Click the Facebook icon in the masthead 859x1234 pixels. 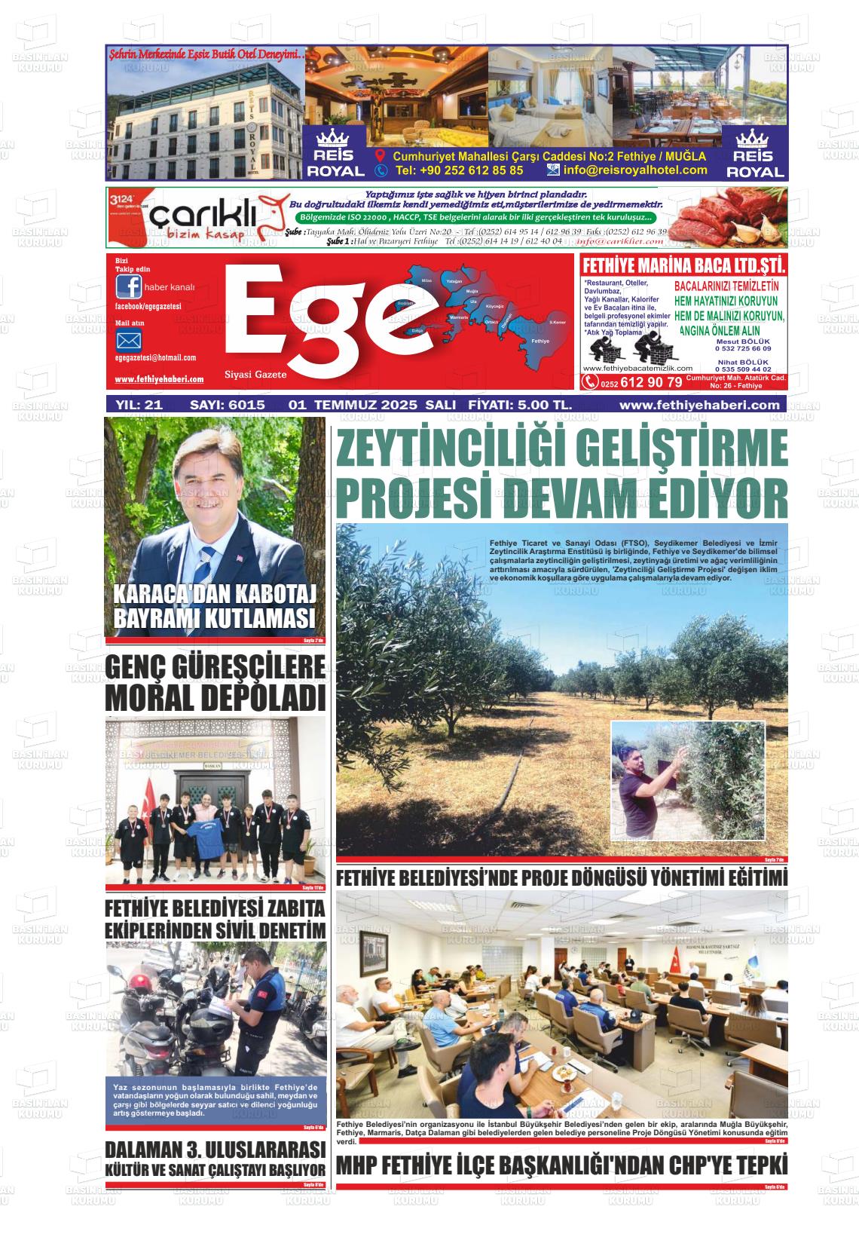pos(129,287)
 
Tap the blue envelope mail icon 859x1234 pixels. pos(129,340)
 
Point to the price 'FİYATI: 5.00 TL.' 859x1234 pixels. pos(520,405)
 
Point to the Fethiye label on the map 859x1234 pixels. pos(540,341)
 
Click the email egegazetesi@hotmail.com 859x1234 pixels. pos(155,358)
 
